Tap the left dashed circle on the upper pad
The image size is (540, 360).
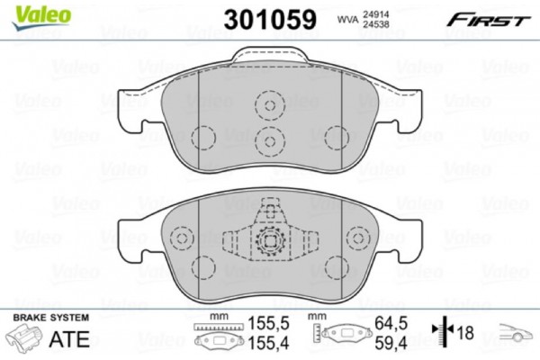[204, 138]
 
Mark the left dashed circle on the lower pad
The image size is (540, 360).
[183, 240]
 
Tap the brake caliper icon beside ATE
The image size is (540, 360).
[25, 340]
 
